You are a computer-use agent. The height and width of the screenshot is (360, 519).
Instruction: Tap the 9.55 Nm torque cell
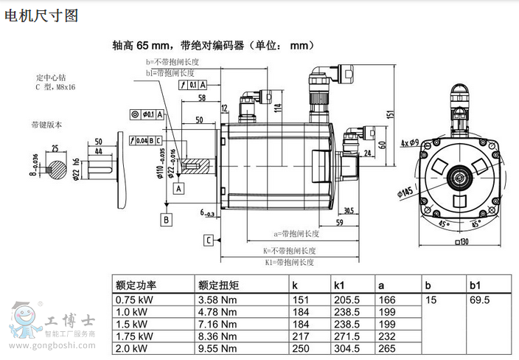[x=217, y=348]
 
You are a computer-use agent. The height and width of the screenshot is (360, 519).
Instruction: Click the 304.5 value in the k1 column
[x=346, y=348]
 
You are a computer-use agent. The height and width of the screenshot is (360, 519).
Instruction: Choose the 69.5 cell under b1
[x=479, y=300]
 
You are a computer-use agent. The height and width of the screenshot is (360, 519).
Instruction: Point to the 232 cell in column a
[x=386, y=336]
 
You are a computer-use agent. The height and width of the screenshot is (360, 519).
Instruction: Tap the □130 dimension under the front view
[x=462, y=243]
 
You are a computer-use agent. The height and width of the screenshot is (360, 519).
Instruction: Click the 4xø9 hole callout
[x=409, y=141]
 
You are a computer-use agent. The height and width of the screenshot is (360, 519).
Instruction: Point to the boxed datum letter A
[x=178, y=188]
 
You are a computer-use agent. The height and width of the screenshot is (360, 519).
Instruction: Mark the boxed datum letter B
[x=167, y=219]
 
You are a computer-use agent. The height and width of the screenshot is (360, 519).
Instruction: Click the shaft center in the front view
[x=461, y=178]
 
